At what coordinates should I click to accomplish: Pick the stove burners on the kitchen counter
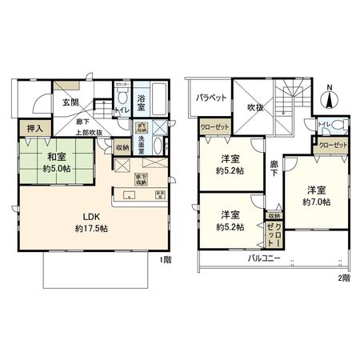click(x=160, y=194)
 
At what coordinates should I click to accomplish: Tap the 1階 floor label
click(x=166, y=260)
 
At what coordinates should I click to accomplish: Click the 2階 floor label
click(x=343, y=277)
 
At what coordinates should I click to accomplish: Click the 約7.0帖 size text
click(x=316, y=202)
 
